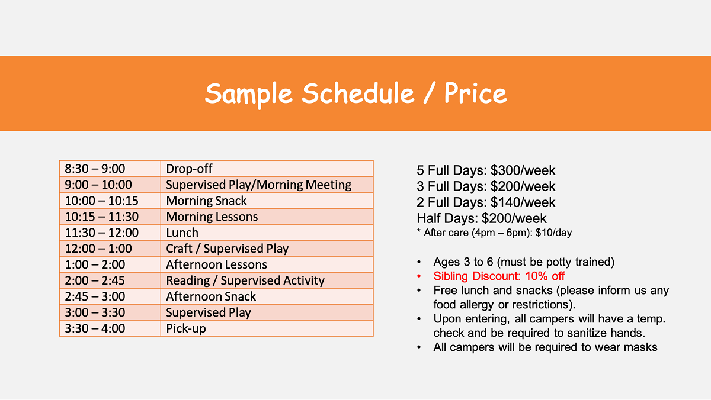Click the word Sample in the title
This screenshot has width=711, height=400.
[248, 94]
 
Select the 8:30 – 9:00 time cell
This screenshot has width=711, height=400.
[110, 169]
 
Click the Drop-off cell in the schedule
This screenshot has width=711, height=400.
[267, 169]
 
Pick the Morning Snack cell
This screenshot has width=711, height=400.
[267, 201]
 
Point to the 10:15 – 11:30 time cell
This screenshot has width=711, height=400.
[110, 217]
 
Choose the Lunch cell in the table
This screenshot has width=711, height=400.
[267, 233]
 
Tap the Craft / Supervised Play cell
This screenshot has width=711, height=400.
[267, 249]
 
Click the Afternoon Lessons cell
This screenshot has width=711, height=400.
[267, 264]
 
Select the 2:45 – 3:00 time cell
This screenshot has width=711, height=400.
[110, 296]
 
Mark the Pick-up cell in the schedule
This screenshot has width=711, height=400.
[267, 328]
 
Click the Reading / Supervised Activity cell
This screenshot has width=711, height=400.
[267, 280]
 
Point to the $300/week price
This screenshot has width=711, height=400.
[523, 170]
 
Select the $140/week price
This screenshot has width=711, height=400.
[523, 202]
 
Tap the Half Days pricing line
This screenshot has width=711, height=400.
[482, 218]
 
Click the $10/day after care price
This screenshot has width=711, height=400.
[553, 233]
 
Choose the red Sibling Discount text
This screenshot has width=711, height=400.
[499, 276]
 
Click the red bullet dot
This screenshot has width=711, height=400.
[419, 276]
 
